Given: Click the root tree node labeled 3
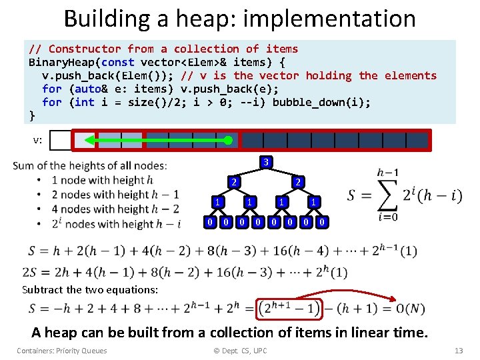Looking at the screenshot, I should click(265, 162).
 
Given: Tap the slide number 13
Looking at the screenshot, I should click(457, 351).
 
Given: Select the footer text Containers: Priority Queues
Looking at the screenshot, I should click(62, 351).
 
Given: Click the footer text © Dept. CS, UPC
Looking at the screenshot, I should click(240, 351).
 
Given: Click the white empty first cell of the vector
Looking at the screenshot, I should click(60, 140).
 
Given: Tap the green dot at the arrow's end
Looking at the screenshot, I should click(229, 140).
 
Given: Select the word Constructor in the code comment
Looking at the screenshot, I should click(85, 49).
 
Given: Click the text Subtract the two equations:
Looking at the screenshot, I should click(90, 290).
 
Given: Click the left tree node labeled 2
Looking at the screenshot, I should click(232, 181).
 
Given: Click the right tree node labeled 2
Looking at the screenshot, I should click(298, 181).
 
